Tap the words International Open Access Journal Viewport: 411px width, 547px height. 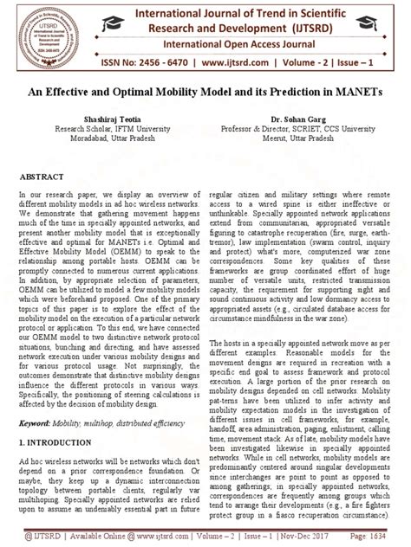(x=205, y=42)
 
